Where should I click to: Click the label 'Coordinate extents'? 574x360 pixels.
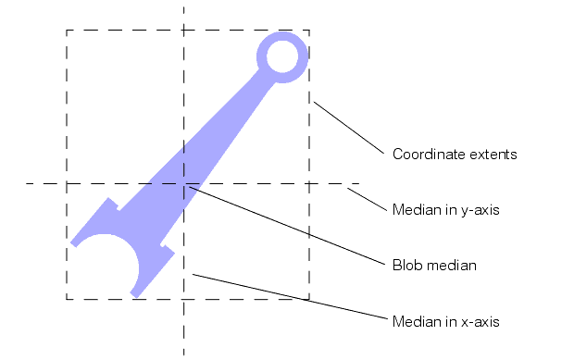tap(455, 155)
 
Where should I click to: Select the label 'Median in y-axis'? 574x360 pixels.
tap(446, 210)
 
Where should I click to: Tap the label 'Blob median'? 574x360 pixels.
tap(434, 266)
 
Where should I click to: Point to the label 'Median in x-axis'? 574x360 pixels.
tap(446, 322)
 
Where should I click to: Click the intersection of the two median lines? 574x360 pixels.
tap(184, 184)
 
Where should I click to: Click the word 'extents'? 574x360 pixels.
tap(492, 155)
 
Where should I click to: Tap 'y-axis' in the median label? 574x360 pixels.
tap(480, 210)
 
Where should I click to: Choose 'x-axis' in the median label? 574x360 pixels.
tap(480, 322)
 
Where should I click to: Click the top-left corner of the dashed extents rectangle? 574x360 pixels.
tap(67, 30)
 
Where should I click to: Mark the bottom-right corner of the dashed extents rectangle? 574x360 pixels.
tap(309, 299)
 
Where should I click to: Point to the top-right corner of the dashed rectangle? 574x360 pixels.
tap(309, 30)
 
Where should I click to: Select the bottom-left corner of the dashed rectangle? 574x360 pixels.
tap(67, 299)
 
